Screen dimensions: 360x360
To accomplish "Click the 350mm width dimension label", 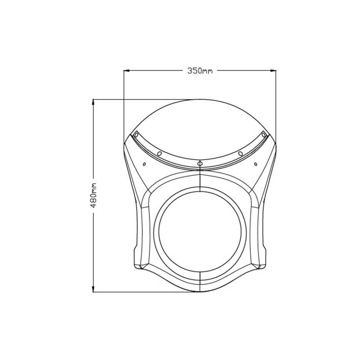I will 200,71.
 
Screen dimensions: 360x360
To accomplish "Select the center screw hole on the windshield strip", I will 200,162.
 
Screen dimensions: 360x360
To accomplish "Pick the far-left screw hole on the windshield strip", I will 135,134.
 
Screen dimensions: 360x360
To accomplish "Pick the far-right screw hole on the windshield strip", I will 264,134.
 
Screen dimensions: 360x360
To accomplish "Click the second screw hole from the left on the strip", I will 159,154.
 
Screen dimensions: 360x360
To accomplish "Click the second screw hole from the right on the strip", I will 240,154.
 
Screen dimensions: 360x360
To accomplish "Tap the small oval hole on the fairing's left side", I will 144,164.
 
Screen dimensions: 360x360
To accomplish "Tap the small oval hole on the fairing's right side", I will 255,164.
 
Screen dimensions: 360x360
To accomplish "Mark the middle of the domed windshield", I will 200,130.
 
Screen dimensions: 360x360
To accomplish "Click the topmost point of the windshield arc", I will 200,99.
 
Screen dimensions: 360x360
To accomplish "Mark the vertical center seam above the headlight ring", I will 199,180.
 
